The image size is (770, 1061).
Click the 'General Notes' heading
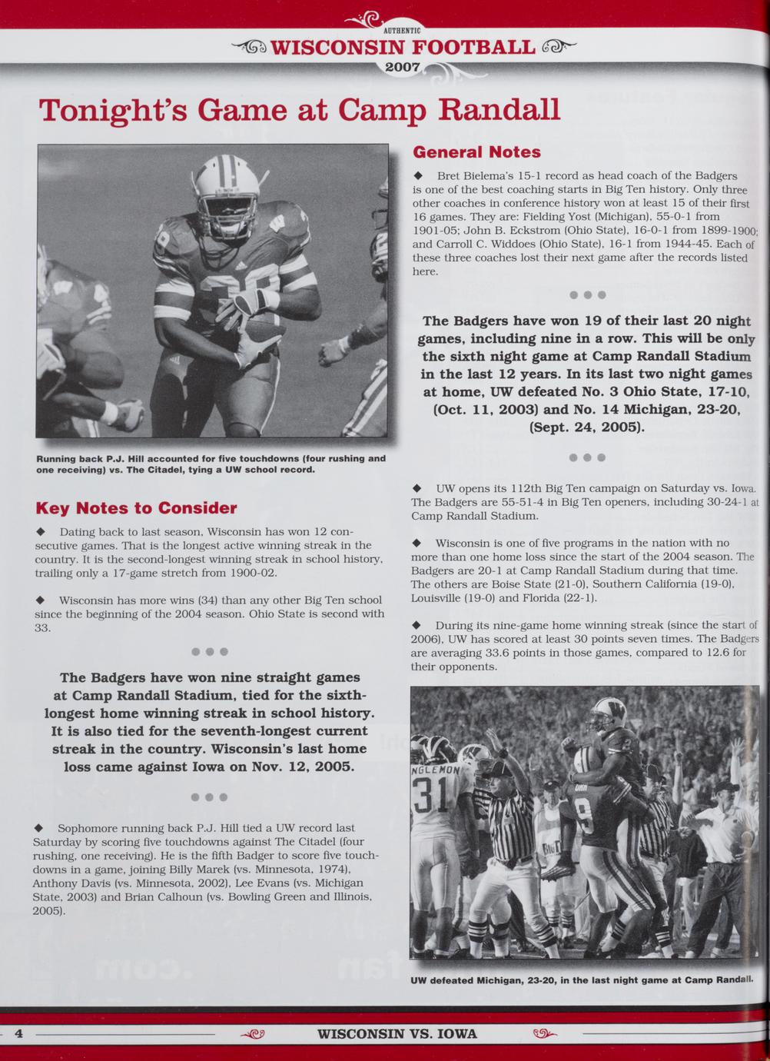pos(476,152)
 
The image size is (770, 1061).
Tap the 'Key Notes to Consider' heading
pos(136,508)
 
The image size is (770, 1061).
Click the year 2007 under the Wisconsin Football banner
pos(402,68)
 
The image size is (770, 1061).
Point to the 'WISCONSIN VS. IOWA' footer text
pos(397,1033)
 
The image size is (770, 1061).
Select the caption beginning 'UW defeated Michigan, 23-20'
pos(580,980)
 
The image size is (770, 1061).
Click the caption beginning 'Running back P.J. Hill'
pos(211,464)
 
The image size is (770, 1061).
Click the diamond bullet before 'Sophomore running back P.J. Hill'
pos(38,829)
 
